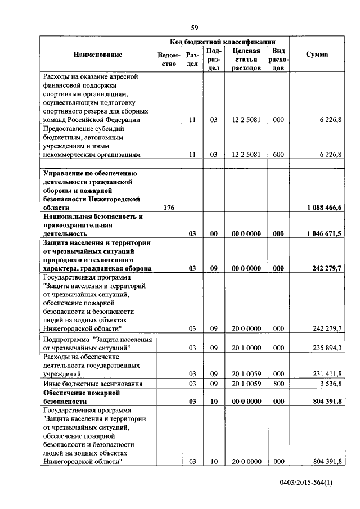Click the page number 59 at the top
195,28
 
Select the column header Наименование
97,55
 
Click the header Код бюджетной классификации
223,42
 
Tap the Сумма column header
317,55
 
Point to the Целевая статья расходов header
246,59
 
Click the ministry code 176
169,208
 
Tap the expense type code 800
278,384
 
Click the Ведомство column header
169,59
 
